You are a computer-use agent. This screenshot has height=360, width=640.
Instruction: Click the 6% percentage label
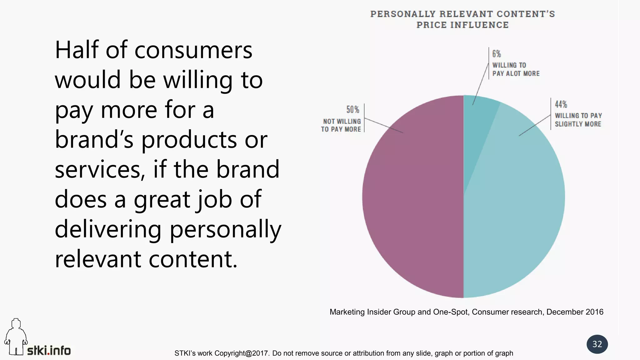point(497,54)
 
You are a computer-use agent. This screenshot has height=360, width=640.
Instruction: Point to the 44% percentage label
point(561,104)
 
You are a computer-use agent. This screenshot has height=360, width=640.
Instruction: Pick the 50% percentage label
point(353,110)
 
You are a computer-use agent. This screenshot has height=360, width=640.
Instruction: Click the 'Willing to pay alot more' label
point(516,69)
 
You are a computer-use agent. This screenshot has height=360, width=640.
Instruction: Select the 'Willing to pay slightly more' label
point(578,120)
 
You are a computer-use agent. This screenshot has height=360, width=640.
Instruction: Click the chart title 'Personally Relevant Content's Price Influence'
point(462,19)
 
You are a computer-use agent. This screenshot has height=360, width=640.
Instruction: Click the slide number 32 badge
point(597,344)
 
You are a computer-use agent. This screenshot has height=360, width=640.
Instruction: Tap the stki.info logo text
point(49,350)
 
